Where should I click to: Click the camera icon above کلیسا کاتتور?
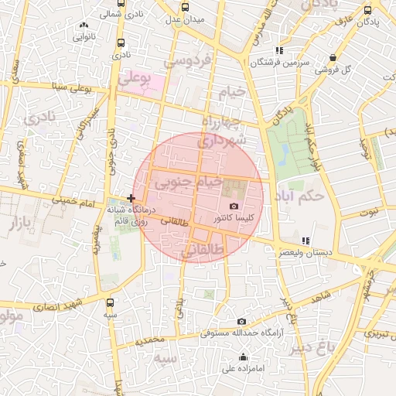click(234, 207)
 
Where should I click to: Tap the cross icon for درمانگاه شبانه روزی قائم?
click(131, 199)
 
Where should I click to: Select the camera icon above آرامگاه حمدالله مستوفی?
click(242, 322)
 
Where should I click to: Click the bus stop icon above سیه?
click(111, 302)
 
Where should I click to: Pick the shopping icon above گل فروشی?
click(333, 57)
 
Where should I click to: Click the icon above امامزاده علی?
click(244, 357)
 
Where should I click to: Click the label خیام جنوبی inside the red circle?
click(182, 184)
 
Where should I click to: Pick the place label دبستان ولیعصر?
click(306, 252)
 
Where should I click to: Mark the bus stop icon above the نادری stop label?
click(119, 43)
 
